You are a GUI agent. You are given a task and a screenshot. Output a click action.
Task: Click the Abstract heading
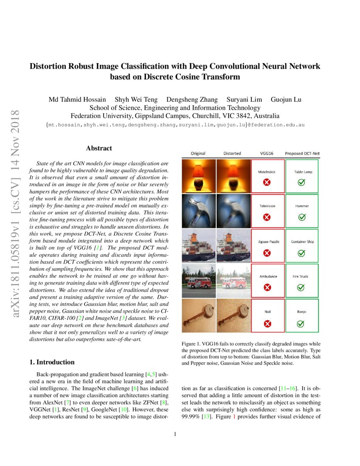pos(99,148)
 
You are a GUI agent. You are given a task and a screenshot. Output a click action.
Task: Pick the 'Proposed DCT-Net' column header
pos(302,153)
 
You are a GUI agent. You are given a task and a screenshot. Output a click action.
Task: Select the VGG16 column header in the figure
pos(267,153)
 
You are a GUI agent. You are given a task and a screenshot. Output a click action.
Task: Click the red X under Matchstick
pos(267,183)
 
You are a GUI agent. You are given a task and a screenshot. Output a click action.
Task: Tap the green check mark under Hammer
pos(302,217)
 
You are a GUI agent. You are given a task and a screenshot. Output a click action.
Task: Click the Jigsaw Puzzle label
pos(267,241)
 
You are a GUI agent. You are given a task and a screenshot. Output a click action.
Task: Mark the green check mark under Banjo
pos(302,324)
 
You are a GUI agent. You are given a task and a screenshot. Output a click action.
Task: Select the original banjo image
pos(198,316)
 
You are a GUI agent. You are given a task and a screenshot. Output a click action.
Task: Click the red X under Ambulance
pos(267,287)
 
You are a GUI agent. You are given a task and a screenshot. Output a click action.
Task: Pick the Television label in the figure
pos(267,206)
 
